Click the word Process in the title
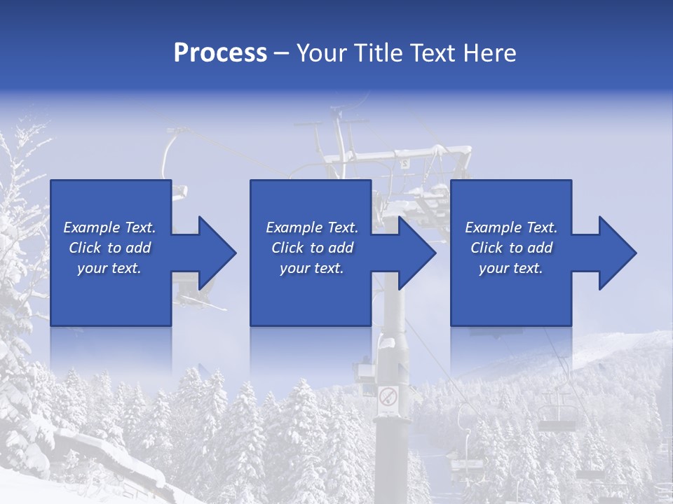coord(220,53)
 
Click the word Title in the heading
coord(379,53)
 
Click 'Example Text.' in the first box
coord(109,227)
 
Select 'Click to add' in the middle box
coord(312,248)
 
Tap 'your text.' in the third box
coord(511,268)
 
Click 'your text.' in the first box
coord(109,268)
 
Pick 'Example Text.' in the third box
coord(511,227)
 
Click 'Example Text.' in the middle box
coord(312,227)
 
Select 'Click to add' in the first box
coord(109,248)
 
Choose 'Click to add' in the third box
coord(511,248)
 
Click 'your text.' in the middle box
coord(312,268)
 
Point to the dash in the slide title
coord(282,53)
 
